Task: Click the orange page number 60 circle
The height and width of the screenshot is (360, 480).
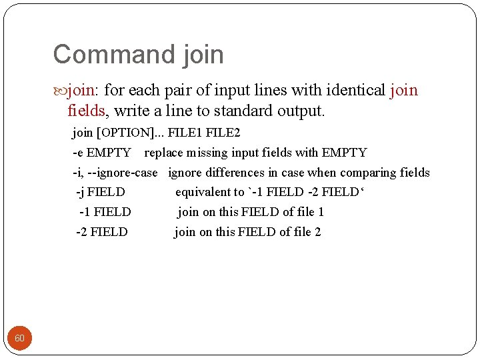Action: tap(19, 338)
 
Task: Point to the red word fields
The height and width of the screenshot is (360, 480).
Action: tap(86, 110)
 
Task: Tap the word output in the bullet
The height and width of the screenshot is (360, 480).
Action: tap(301, 110)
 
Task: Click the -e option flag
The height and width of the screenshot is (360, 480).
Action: tap(78, 153)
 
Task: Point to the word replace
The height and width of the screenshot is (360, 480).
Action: tap(164, 153)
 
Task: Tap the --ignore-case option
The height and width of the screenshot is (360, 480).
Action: tap(124, 173)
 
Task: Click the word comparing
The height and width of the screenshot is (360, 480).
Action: tap(367, 173)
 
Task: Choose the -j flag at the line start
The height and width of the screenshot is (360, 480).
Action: tap(80, 193)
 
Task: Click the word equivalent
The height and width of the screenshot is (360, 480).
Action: tap(209, 193)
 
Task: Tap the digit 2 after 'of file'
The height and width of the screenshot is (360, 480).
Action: tap(317, 232)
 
